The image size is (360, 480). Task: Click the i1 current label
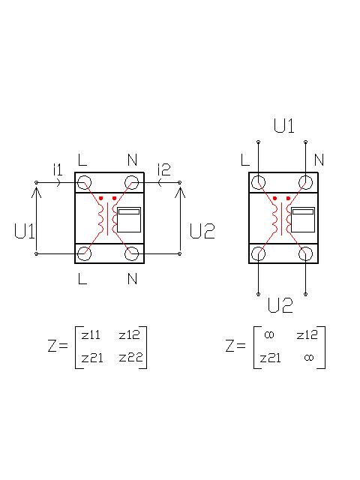click(x=58, y=169)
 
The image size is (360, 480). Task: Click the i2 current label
click(x=163, y=169)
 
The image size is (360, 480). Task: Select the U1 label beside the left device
click(x=24, y=231)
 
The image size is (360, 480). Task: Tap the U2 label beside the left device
click(x=202, y=231)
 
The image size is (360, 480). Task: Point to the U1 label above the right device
click(x=283, y=126)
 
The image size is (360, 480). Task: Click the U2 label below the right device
click(x=280, y=305)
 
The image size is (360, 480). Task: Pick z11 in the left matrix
click(x=91, y=335)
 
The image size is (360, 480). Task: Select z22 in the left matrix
click(x=130, y=357)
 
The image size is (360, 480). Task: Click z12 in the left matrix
click(x=129, y=335)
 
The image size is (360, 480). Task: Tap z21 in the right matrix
click(x=270, y=358)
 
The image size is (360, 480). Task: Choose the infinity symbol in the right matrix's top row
click(x=269, y=335)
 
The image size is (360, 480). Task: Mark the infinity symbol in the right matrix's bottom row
click(x=309, y=357)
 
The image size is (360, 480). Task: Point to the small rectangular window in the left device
click(x=129, y=220)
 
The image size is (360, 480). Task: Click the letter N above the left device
click(x=132, y=160)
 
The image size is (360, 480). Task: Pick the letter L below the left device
click(x=82, y=278)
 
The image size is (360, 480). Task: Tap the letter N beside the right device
click(x=319, y=160)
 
